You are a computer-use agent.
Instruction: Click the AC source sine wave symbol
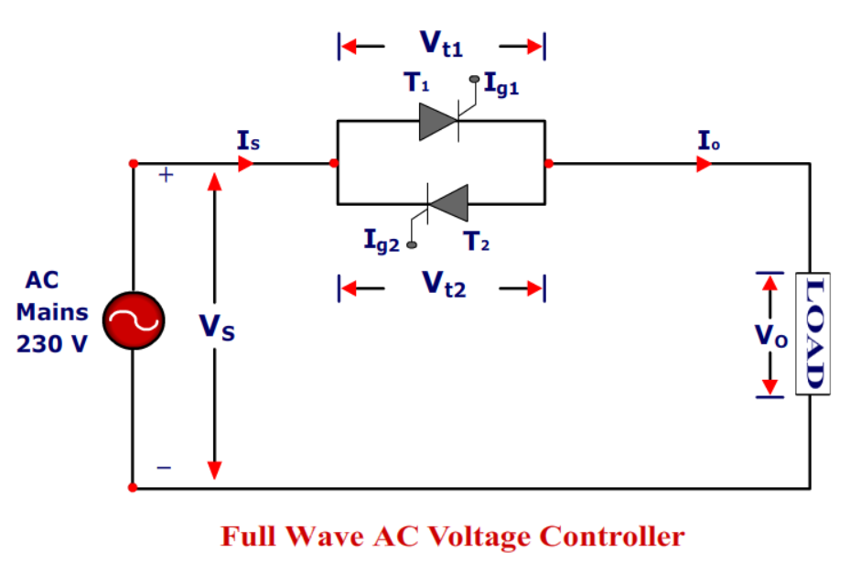pyautogui.click(x=133, y=320)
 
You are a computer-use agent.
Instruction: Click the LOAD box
pyautogui.click(x=812, y=334)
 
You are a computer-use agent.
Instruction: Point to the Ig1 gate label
pyautogui.click(x=501, y=87)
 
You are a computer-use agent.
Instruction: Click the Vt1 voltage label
pyautogui.click(x=441, y=44)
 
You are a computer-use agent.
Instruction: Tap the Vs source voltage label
pyautogui.click(x=218, y=328)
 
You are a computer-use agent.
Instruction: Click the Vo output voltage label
pyautogui.click(x=770, y=335)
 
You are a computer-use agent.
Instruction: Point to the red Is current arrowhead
pyautogui.click(x=246, y=164)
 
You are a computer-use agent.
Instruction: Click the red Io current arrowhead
pyautogui.click(x=704, y=164)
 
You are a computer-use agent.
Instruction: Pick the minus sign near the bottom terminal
pyautogui.click(x=164, y=468)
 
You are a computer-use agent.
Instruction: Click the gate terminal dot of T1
pyautogui.click(x=474, y=80)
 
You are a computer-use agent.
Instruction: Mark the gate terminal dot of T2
pyautogui.click(x=412, y=244)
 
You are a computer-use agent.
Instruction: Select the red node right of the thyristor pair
pyautogui.click(x=548, y=164)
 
